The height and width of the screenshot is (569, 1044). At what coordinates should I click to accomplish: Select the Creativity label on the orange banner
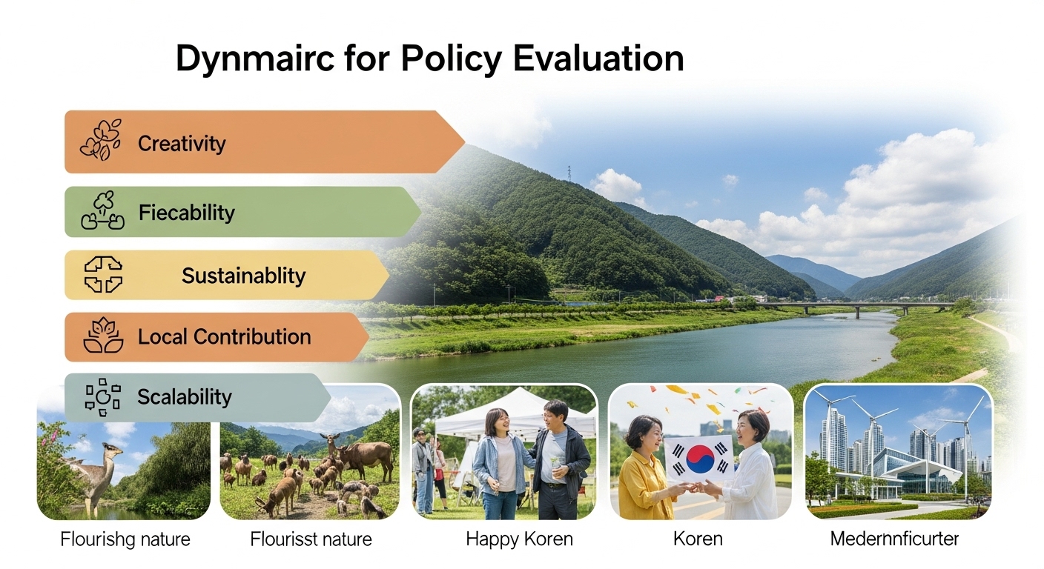[182, 143]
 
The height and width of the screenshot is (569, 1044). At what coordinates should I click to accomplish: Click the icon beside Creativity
[101, 140]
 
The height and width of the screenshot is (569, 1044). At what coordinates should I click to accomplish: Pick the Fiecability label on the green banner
[187, 213]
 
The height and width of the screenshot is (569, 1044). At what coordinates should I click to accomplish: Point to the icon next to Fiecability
[102, 211]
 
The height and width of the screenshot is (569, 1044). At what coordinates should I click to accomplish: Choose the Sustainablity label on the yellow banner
[243, 276]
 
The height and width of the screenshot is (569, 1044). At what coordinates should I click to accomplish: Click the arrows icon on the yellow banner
[103, 274]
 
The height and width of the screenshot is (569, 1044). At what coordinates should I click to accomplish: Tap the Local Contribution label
[224, 337]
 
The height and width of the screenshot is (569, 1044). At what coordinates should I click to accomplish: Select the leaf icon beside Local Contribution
[103, 336]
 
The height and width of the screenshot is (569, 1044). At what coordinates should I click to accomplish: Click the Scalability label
[185, 397]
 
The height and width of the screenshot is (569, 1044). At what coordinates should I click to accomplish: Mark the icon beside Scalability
[102, 396]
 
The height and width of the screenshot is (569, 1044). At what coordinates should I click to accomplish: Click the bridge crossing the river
[853, 305]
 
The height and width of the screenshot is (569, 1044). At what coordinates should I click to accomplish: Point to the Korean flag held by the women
[699, 458]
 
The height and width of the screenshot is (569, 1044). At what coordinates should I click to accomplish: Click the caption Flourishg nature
[125, 539]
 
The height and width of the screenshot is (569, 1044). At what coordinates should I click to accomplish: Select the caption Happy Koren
[519, 539]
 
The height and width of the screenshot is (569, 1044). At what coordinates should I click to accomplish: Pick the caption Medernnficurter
[894, 539]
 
